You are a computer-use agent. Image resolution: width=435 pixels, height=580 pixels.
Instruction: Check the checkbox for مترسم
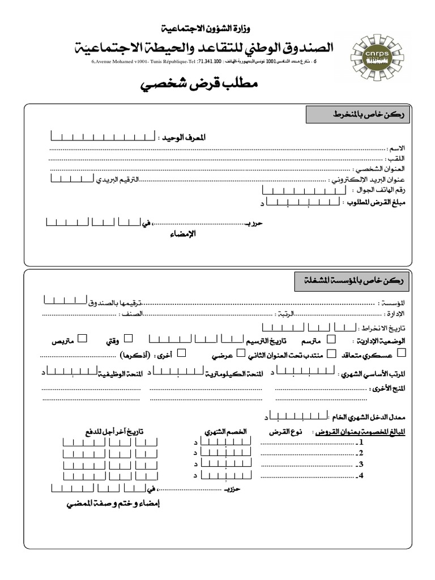[x=331, y=339]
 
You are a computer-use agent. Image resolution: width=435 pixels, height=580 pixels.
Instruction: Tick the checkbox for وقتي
[x=128, y=339]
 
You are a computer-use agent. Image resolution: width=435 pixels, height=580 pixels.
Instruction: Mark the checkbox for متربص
[x=82, y=339]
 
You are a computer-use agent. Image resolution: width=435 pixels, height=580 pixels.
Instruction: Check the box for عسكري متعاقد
[x=402, y=353]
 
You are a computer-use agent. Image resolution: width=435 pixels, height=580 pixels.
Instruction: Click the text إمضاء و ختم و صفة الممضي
[x=111, y=504]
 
